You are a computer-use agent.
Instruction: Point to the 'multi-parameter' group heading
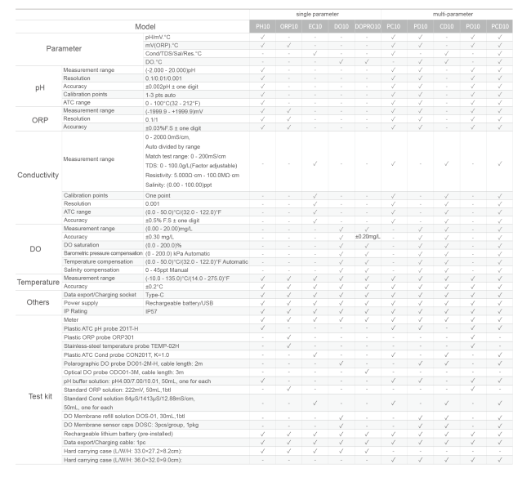coord(446,14)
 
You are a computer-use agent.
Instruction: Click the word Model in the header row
coord(151,27)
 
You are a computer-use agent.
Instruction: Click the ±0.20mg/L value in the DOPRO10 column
coord(367,236)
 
